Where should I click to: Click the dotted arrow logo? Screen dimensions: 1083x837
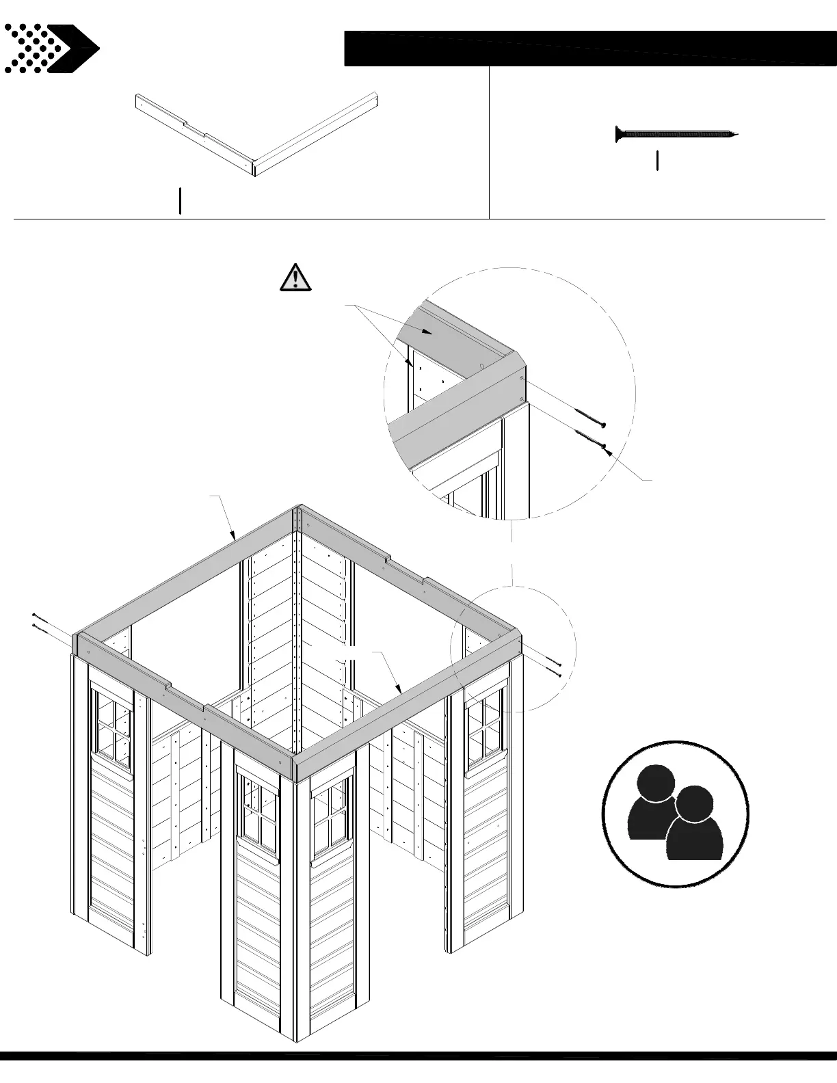tap(51, 49)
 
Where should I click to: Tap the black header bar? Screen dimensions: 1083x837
tap(589, 48)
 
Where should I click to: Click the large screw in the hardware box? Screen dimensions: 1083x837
tap(676, 135)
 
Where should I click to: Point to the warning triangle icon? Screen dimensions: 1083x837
tap(295, 278)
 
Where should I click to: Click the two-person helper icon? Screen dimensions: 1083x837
tap(676, 814)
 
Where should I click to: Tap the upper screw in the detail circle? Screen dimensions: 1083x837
tap(590, 418)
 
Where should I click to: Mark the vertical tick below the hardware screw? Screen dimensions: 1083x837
tap(657, 161)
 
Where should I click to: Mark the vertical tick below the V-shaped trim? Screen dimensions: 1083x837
tap(180, 201)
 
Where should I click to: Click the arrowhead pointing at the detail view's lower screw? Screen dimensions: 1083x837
tap(604, 449)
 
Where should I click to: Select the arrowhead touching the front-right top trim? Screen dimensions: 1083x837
tap(399, 689)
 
